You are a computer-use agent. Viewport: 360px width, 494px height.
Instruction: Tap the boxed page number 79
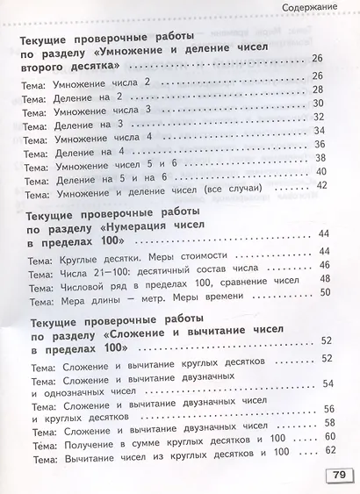click(x=336, y=475)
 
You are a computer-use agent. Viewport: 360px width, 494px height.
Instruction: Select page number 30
click(x=318, y=104)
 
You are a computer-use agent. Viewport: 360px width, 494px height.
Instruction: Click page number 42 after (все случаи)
click(x=320, y=185)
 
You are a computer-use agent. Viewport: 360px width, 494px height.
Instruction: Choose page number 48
click(x=325, y=279)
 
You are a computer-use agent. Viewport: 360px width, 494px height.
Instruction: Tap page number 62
click(x=330, y=451)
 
